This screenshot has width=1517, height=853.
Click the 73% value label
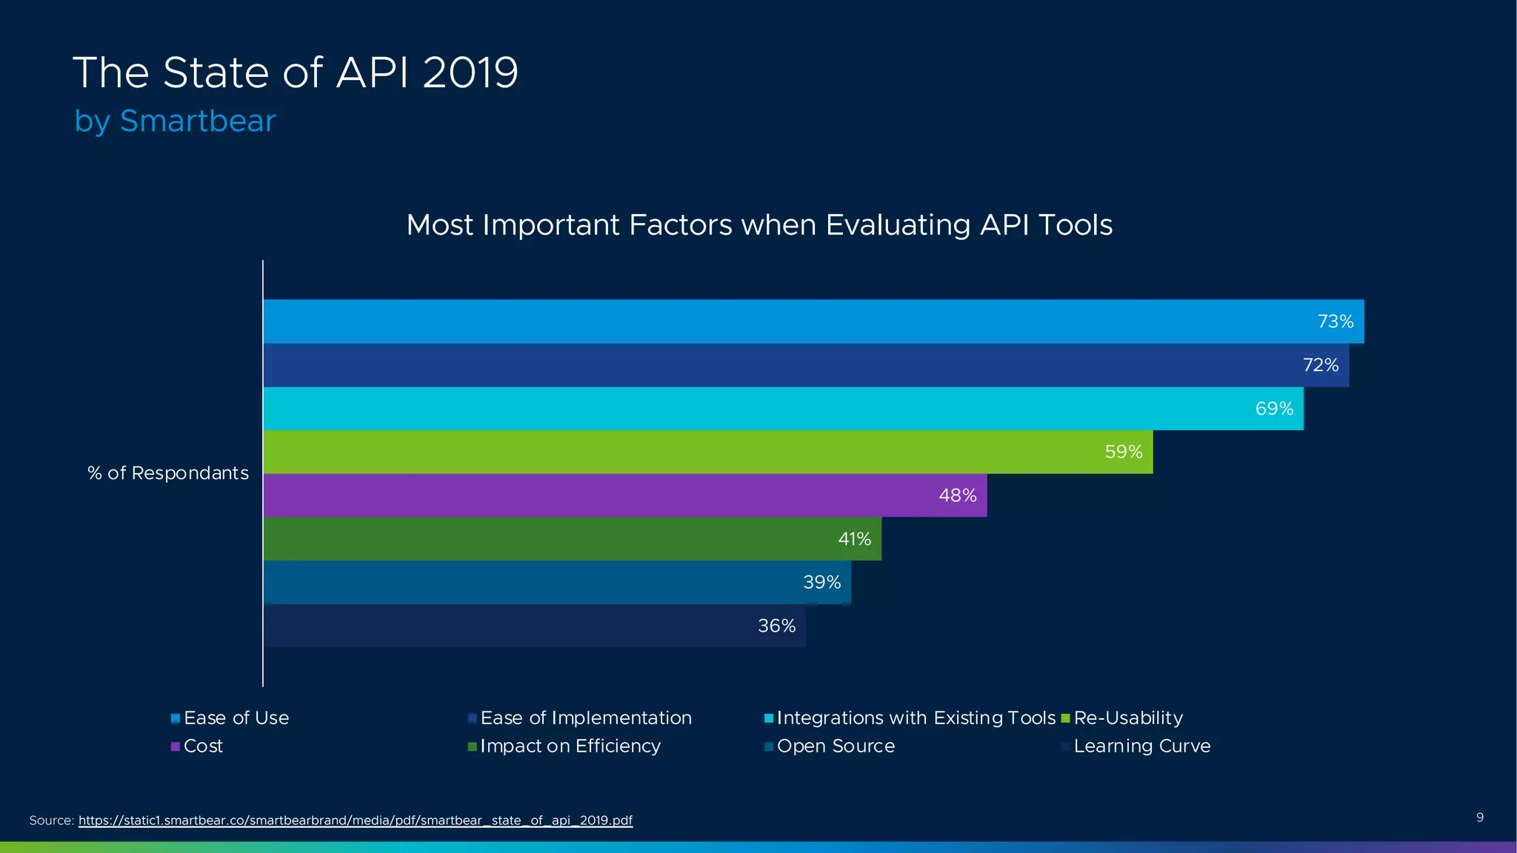(1335, 321)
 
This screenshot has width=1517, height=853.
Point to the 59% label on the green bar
(1123, 452)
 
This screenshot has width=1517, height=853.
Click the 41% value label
(854, 539)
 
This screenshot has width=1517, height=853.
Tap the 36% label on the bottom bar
(776, 626)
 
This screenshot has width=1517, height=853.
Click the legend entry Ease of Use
(236, 718)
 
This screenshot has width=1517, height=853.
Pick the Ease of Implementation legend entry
(585, 718)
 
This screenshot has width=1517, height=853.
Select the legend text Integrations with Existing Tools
(916, 718)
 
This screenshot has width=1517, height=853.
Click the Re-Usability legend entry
(1127, 718)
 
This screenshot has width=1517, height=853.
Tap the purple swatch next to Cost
(176, 746)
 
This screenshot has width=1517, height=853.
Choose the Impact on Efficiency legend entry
(570, 746)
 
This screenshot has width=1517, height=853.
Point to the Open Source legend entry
(835, 746)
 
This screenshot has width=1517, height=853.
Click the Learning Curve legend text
(1141, 746)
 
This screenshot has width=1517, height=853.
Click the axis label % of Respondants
(168, 473)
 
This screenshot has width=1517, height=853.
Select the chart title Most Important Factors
(758, 225)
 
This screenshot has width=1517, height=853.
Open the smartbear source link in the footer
(356, 820)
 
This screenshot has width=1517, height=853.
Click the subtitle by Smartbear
(175, 121)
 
